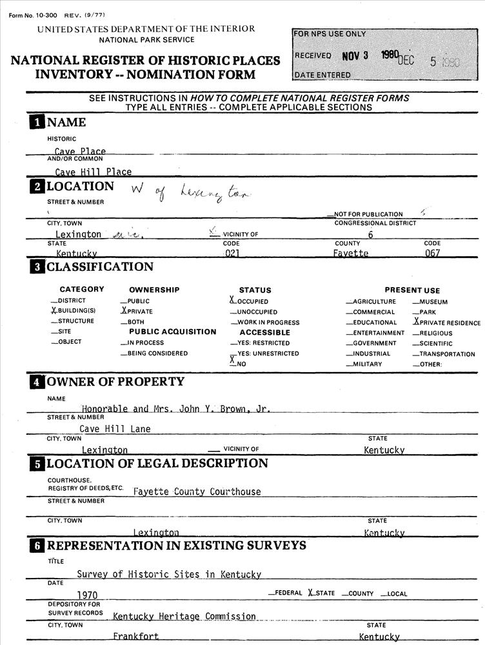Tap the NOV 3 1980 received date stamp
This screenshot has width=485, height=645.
click(x=369, y=55)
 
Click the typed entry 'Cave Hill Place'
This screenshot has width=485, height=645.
click(x=93, y=172)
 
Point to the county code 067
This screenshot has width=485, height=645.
click(x=431, y=253)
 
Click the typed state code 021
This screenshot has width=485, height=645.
click(x=232, y=253)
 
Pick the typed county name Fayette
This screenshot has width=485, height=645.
click(x=350, y=253)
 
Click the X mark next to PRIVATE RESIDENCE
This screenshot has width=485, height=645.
click(x=416, y=322)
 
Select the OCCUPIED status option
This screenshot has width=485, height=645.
click(x=252, y=301)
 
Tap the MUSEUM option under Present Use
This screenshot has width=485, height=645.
click(x=433, y=302)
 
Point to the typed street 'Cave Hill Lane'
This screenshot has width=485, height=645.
click(x=115, y=428)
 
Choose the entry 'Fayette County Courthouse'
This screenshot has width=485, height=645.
click(x=197, y=491)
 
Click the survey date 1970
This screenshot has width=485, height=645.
click(x=87, y=594)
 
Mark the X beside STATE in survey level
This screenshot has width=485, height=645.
click(x=311, y=593)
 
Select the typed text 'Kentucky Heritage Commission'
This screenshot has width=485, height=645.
click(x=184, y=617)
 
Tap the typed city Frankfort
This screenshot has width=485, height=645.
click(x=135, y=637)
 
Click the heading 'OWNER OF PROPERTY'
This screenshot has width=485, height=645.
click(x=115, y=382)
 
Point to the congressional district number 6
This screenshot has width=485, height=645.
click(x=370, y=235)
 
